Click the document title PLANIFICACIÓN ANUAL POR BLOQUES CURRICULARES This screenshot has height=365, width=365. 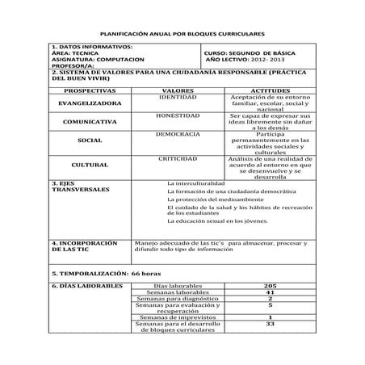[x=182, y=36]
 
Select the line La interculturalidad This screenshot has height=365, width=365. [x=195, y=184]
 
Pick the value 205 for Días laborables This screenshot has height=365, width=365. [x=270, y=286]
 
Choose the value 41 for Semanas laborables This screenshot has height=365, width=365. [x=270, y=292]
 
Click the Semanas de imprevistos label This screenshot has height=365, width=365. [x=171, y=318]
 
